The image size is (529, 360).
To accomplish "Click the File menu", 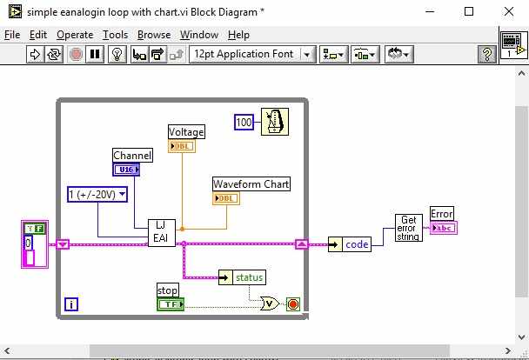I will pos(12,35).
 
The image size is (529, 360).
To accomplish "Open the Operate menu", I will pos(75,35).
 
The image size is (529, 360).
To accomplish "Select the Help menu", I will pos(238,35).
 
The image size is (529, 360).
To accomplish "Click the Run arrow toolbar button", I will pos(36,54).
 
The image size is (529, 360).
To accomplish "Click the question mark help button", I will pos(488,54).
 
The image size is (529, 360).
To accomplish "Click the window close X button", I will pos(510,12).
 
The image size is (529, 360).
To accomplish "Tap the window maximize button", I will pos(470,12).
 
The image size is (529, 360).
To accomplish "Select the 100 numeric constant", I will pos(244,123).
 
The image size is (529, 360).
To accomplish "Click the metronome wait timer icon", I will pos(274,123).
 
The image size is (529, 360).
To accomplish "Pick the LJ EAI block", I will pos(161,232).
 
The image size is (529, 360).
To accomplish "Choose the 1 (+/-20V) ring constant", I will pos(97,194).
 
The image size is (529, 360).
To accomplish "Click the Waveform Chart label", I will pos(251,184).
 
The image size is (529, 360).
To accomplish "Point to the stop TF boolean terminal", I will pos(170,303).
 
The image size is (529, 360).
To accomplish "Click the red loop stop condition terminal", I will pos(292,304).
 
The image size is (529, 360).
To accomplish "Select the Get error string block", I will pos(408,228).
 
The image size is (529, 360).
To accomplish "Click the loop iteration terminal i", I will pos(71,304).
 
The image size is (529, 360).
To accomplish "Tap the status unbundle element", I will pos(248,277).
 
